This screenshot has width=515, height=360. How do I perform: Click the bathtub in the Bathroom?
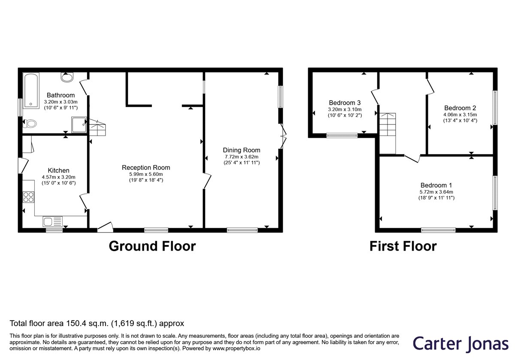pos(31,91)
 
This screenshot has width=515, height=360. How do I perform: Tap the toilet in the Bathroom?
pos(30,124)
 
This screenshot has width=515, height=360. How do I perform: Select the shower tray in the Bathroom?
pos(79,125)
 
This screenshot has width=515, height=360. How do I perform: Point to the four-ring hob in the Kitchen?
pos(28,197)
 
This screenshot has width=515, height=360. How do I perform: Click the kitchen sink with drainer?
pos(53,221)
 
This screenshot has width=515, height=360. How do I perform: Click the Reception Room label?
pos(146,168)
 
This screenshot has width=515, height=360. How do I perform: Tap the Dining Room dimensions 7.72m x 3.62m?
pos(241,157)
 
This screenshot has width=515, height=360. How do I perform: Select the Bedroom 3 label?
pos(345,103)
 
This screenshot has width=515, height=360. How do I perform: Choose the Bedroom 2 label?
pos(460,108)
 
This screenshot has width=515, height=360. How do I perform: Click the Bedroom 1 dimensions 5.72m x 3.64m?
pos(436,192)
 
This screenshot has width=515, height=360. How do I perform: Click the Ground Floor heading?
pos(152,246)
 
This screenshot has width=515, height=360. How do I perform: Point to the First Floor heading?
pos(403,246)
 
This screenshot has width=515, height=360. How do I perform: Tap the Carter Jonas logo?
pos(460,343)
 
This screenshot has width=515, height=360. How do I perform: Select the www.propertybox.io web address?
pos(236,348)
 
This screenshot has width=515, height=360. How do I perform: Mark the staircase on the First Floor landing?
pos(388,133)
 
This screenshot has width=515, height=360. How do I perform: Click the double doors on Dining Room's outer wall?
pos(283,136)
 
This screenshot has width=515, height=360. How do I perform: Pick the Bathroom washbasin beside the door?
pos(67,77)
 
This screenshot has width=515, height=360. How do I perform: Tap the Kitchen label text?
pos(58,170)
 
